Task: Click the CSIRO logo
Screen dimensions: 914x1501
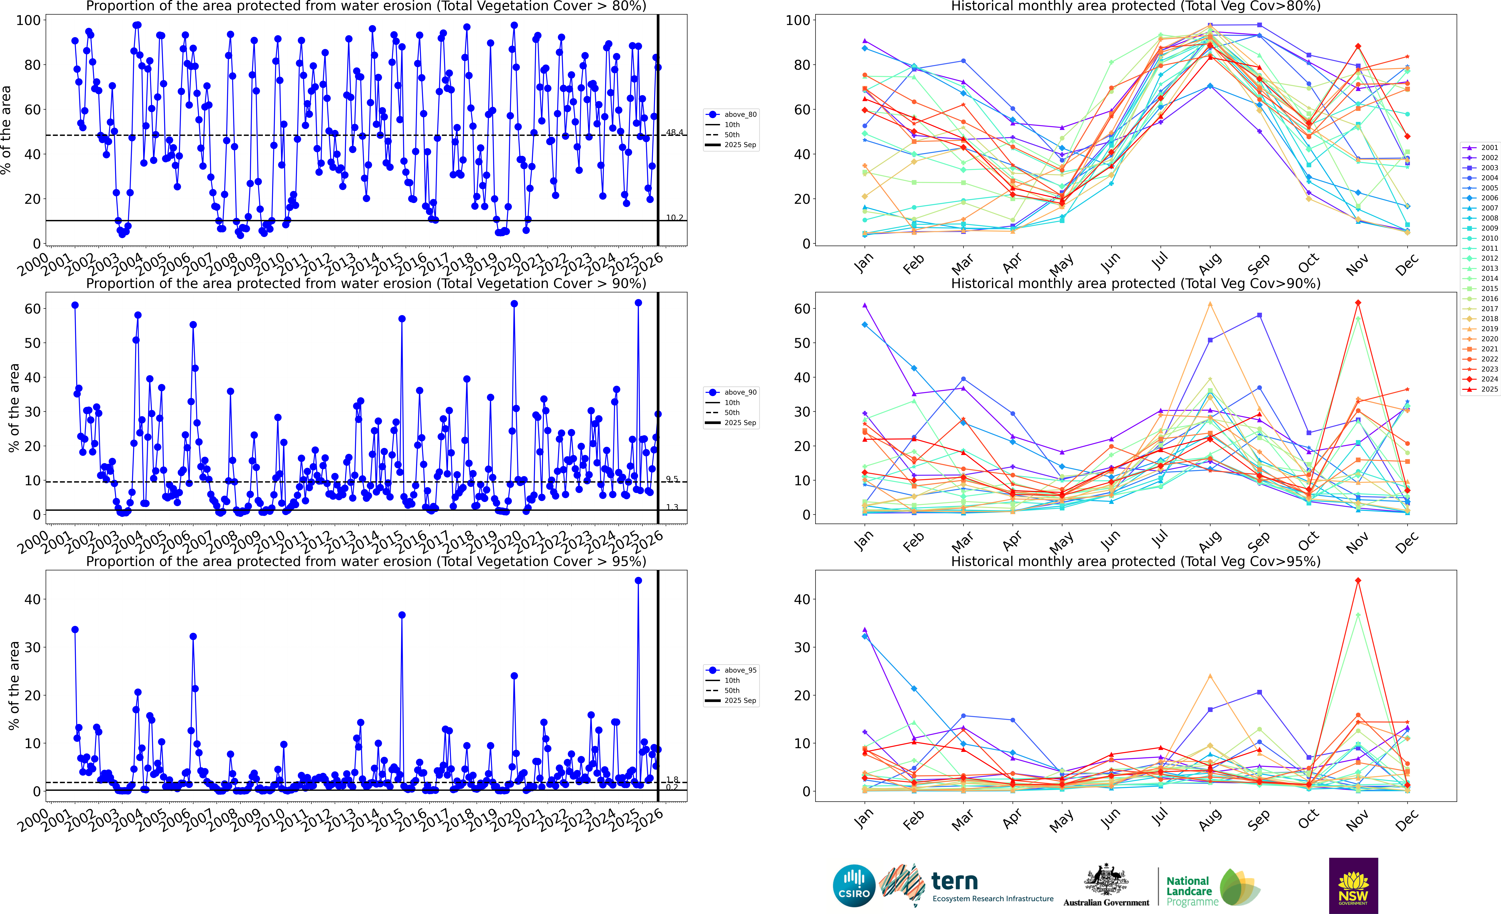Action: tap(854, 885)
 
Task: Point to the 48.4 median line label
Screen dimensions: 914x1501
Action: tap(674, 132)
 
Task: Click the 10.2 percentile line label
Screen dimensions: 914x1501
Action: tap(674, 218)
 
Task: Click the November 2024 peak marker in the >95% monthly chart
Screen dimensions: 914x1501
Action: tap(1358, 581)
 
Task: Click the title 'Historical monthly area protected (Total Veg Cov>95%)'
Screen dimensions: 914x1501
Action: tap(1136, 561)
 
